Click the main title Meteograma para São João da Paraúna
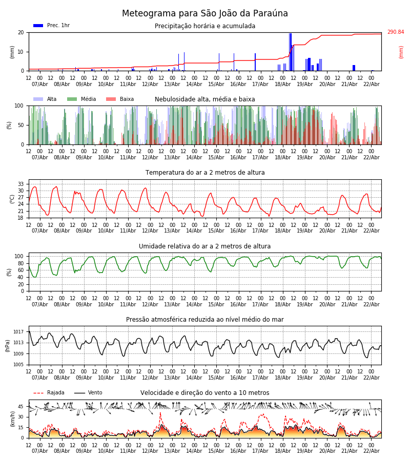point(205,13)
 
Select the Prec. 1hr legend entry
point(52,26)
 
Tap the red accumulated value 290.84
point(395,32)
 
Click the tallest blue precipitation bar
point(290,52)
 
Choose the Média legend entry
point(81,99)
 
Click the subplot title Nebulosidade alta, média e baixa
point(204,99)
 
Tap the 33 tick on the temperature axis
point(21,184)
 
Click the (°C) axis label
point(12,198)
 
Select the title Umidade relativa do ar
point(204,246)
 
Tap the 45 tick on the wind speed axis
point(21,407)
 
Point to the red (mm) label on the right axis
point(401,52)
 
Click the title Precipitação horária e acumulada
point(204,26)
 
